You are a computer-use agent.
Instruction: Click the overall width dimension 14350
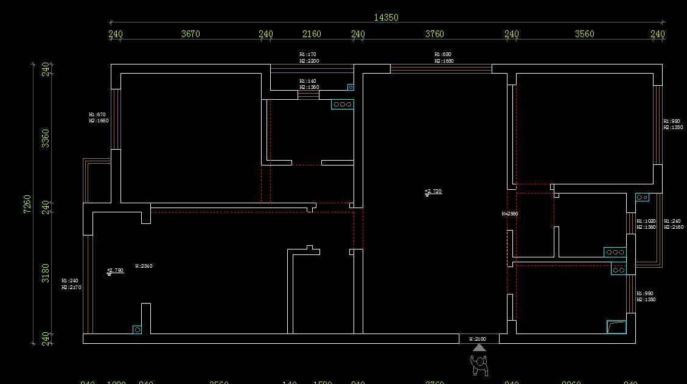click(386, 18)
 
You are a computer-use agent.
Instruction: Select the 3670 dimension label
click(190, 34)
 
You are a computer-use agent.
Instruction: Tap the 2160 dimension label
click(312, 34)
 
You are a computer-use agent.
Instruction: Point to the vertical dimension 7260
click(27, 204)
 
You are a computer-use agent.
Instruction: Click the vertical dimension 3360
click(46, 138)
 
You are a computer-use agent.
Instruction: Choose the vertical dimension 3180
click(46, 273)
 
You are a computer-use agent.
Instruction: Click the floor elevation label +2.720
click(433, 192)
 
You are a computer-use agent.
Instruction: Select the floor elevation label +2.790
click(115, 270)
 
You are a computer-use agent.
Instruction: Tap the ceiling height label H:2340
click(144, 266)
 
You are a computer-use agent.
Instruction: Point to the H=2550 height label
click(509, 214)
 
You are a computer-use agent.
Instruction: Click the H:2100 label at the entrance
click(478, 339)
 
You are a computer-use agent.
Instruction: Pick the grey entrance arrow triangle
click(480, 347)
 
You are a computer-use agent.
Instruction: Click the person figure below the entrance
click(480, 364)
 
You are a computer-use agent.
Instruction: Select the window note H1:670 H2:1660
click(99, 117)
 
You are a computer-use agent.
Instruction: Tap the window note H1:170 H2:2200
click(309, 58)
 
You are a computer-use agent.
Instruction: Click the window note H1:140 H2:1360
click(309, 84)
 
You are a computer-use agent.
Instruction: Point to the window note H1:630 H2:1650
click(444, 58)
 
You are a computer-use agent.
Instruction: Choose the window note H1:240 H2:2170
click(71, 284)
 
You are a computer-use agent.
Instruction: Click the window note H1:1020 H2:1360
click(646, 224)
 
